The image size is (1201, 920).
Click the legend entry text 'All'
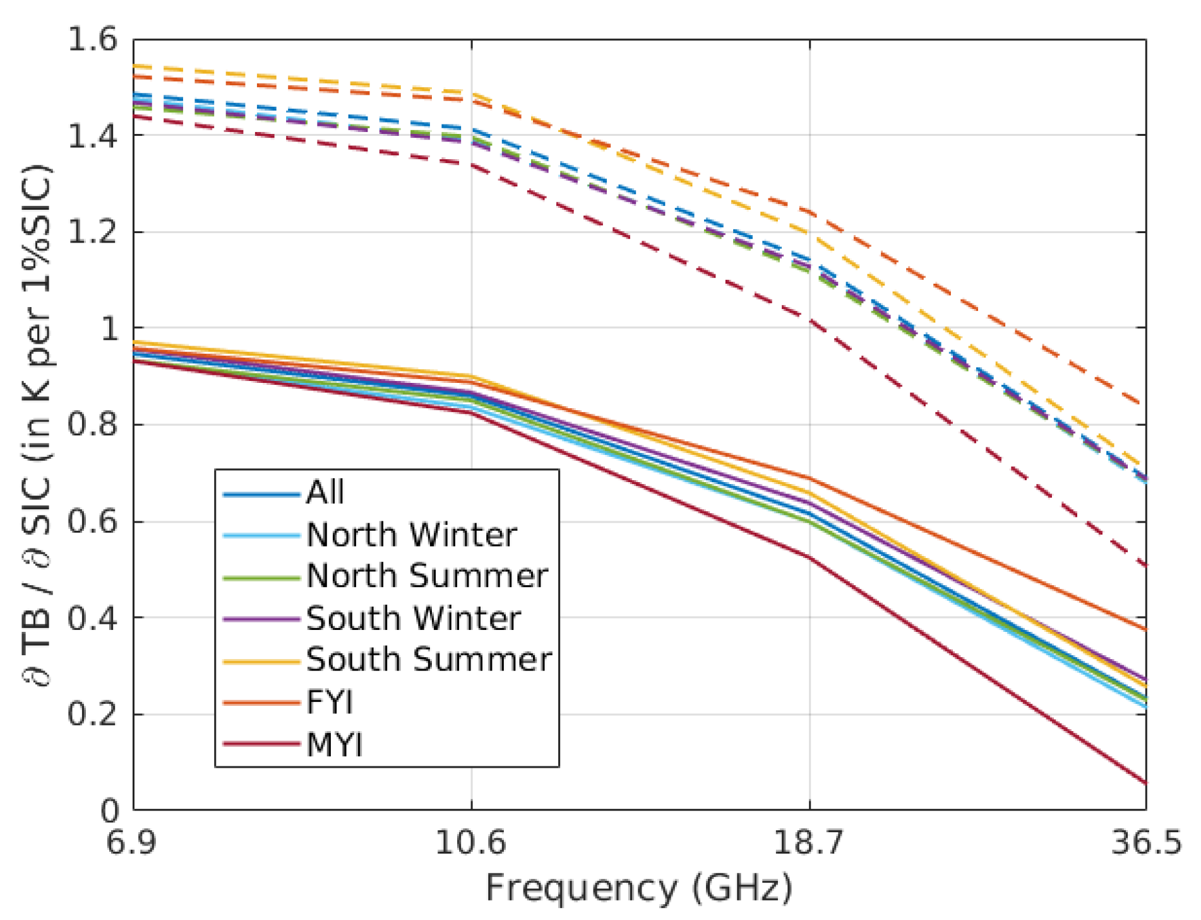(x=325, y=492)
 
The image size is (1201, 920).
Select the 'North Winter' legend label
(x=412, y=535)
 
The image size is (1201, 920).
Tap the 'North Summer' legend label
(x=427, y=576)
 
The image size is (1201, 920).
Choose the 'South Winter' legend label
(x=414, y=618)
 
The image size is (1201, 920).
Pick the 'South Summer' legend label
(x=429, y=660)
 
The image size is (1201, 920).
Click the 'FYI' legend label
(x=330, y=702)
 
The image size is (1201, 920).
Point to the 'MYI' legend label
(x=335, y=744)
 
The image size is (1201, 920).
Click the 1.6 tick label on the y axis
(x=92, y=39)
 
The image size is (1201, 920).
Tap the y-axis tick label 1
(x=109, y=329)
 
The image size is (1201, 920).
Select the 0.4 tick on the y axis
(x=92, y=618)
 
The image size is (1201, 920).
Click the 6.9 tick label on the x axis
(x=131, y=842)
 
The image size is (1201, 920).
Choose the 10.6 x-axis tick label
(x=471, y=842)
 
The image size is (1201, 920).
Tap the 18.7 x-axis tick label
(x=809, y=842)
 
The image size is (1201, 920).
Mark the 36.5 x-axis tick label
(x=1145, y=842)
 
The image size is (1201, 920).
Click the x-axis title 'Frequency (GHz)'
(x=639, y=888)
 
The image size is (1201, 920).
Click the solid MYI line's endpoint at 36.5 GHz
(x=1145, y=783)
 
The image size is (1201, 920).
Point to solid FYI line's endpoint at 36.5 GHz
(x=1145, y=629)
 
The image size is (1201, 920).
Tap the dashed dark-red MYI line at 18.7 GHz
(x=810, y=322)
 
